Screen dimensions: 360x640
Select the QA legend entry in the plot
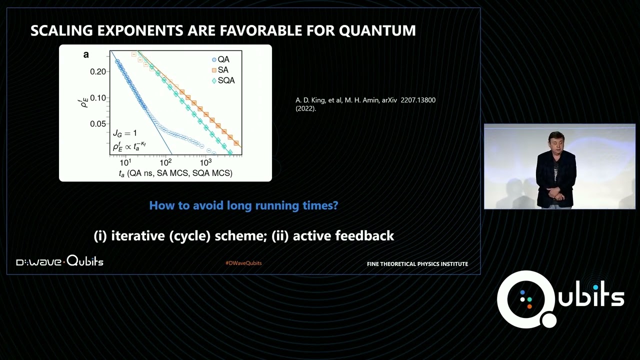(220, 59)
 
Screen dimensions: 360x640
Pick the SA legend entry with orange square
(220, 70)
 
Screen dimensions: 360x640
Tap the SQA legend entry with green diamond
(223, 80)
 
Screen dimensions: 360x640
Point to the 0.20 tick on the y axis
(98, 71)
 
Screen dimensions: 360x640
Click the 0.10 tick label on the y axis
(98, 97)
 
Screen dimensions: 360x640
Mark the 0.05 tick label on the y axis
(98, 123)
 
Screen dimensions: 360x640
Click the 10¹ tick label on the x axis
(125, 162)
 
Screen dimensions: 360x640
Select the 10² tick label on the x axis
(165, 162)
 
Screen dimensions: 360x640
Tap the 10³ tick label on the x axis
(205, 162)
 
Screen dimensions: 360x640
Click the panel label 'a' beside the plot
(86, 54)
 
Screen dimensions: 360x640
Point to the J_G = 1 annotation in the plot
(124, 133)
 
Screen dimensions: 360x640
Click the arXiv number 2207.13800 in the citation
(418, 100)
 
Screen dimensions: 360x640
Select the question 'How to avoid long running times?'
(243, 205)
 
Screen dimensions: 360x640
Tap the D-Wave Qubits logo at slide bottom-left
(59, 261)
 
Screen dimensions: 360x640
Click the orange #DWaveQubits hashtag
(243, 263)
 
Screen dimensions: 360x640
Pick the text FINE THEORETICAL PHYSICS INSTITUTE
(417, 264)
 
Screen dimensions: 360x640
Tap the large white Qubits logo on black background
(560, 299)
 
